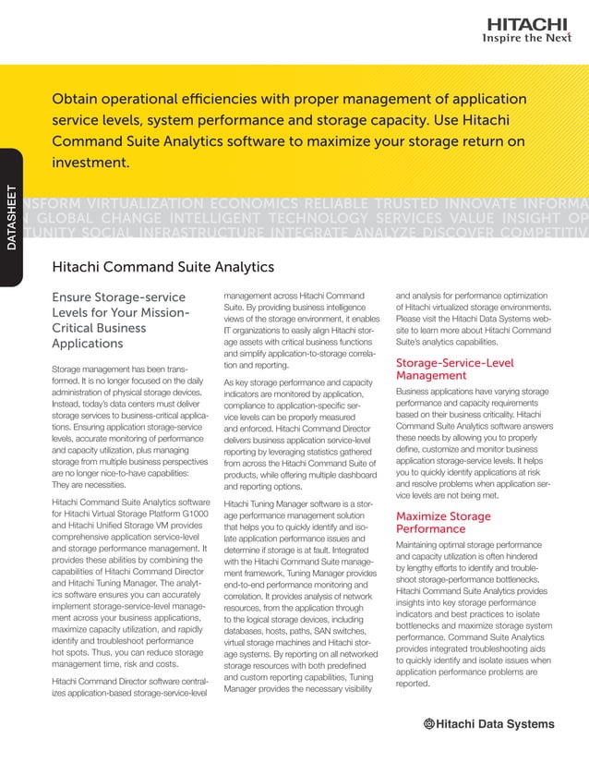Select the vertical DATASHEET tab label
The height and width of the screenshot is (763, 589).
12,220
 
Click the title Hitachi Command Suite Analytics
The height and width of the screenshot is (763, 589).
163,267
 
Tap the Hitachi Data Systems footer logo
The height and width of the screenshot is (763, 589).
489,723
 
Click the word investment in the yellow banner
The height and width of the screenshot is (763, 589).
90,162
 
